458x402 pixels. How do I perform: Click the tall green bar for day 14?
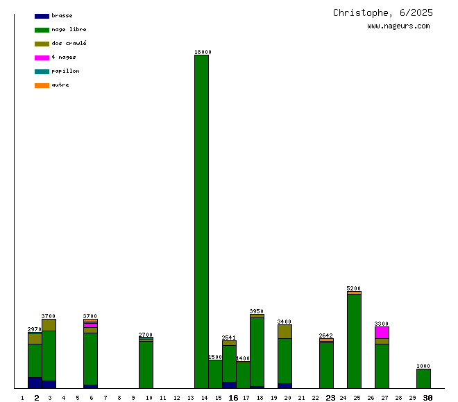[201, 222]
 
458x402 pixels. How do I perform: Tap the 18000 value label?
[203, 52]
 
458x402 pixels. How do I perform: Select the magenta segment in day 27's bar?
[382, 333]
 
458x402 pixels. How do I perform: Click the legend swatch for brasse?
[42, 16]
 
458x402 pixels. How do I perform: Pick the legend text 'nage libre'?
[69, 30]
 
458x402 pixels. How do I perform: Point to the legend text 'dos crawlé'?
[69, 44]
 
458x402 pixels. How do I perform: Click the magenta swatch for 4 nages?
[42, 58]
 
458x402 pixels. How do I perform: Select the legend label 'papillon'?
[65, 71]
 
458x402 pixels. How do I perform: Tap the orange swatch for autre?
[42, 85]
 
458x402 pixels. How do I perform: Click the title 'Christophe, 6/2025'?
[383, 12]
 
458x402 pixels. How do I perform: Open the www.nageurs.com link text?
[398, 26]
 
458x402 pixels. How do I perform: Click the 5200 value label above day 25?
[354, 288]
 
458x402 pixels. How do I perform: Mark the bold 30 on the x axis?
[428, 398]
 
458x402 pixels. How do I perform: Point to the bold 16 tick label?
[233, 398]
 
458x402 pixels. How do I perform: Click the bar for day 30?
[423, 378]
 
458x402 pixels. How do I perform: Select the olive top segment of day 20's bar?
[285, 331]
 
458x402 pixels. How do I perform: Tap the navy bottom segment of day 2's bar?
[35, 383]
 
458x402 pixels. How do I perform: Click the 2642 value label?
[326, 335]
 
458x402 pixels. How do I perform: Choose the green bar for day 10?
[146, 365]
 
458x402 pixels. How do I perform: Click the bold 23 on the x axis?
[330, 398]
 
